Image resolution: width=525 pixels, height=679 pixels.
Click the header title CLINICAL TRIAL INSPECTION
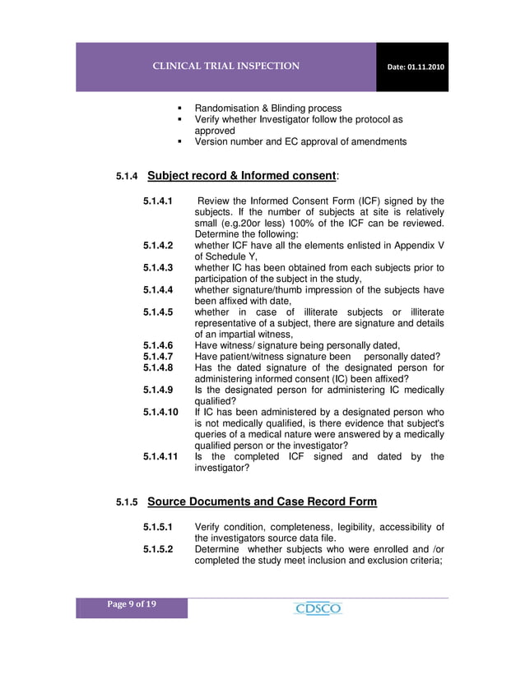[x=225, y=66]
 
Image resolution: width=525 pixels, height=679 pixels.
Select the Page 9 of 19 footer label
[x=132, y=605]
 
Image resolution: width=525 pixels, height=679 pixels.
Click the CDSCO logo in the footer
[x=317, y=608]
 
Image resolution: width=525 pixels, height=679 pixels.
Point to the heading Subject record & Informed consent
[x=241, y=175]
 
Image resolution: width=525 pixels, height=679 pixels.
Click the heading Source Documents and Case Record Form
[x=262, y=501]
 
